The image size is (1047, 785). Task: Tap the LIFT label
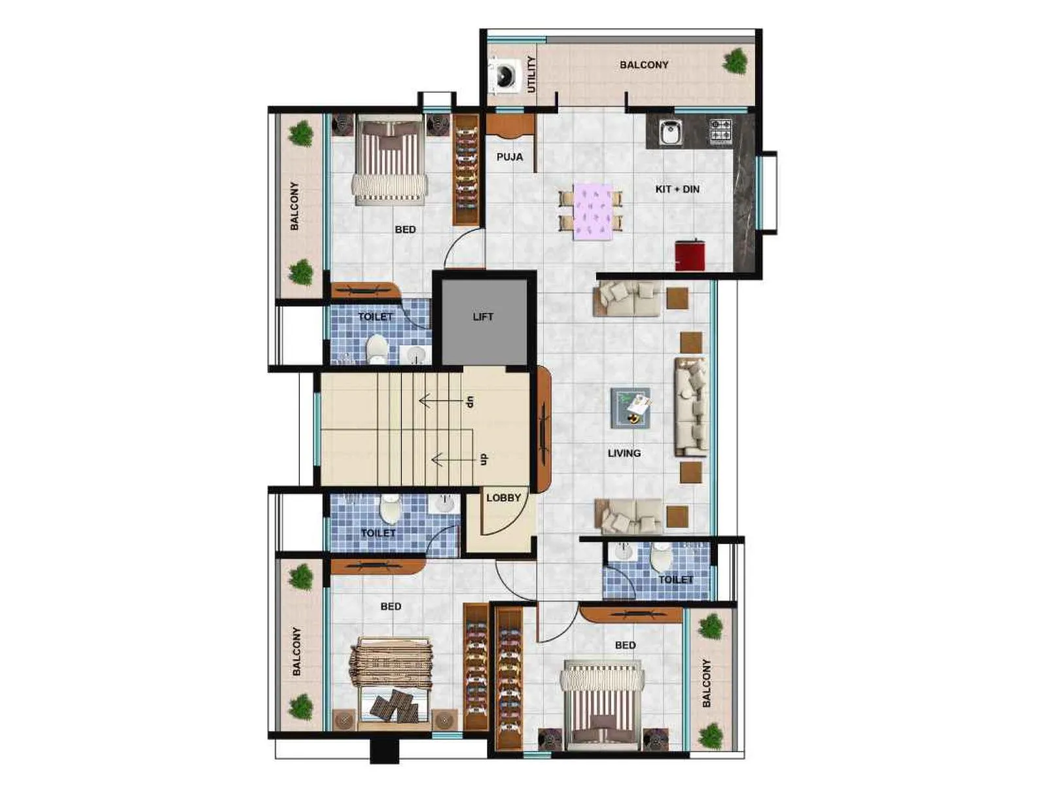click(x=483, y=317)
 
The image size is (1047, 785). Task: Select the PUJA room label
click(x=510, y=157)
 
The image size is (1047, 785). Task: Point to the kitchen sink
click(x=669, y=132)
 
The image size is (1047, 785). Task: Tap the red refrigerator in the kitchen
click(x=690, y=255)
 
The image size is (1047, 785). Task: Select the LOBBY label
click(x=503, y=498)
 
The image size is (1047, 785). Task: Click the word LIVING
click(x=624, y=453)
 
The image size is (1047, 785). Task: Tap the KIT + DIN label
click(x=677, y=189)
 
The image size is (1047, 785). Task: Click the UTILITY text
click(x=531, y=74)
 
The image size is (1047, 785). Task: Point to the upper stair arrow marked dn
click(x=445, y=400)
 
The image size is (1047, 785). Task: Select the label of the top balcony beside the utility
click(x=644, y=65)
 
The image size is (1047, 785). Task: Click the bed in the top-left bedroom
click(x=390, y=160)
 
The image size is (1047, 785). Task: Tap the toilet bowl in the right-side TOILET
click(x=661, y=557)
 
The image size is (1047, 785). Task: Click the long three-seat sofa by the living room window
click(x=692, y=407)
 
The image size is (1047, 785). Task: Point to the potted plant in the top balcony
click(x=736, y=61)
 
